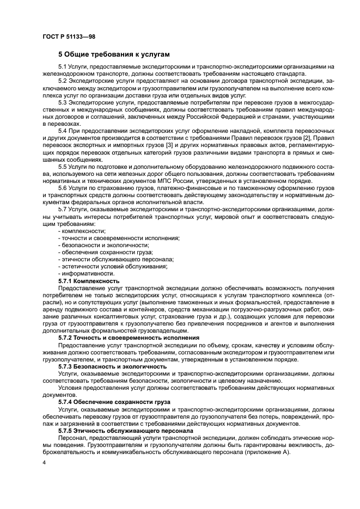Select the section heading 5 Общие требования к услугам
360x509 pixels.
click(114, 54)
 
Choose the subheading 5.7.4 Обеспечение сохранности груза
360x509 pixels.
click(114, 401)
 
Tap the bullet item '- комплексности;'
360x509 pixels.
click(82, 231)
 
